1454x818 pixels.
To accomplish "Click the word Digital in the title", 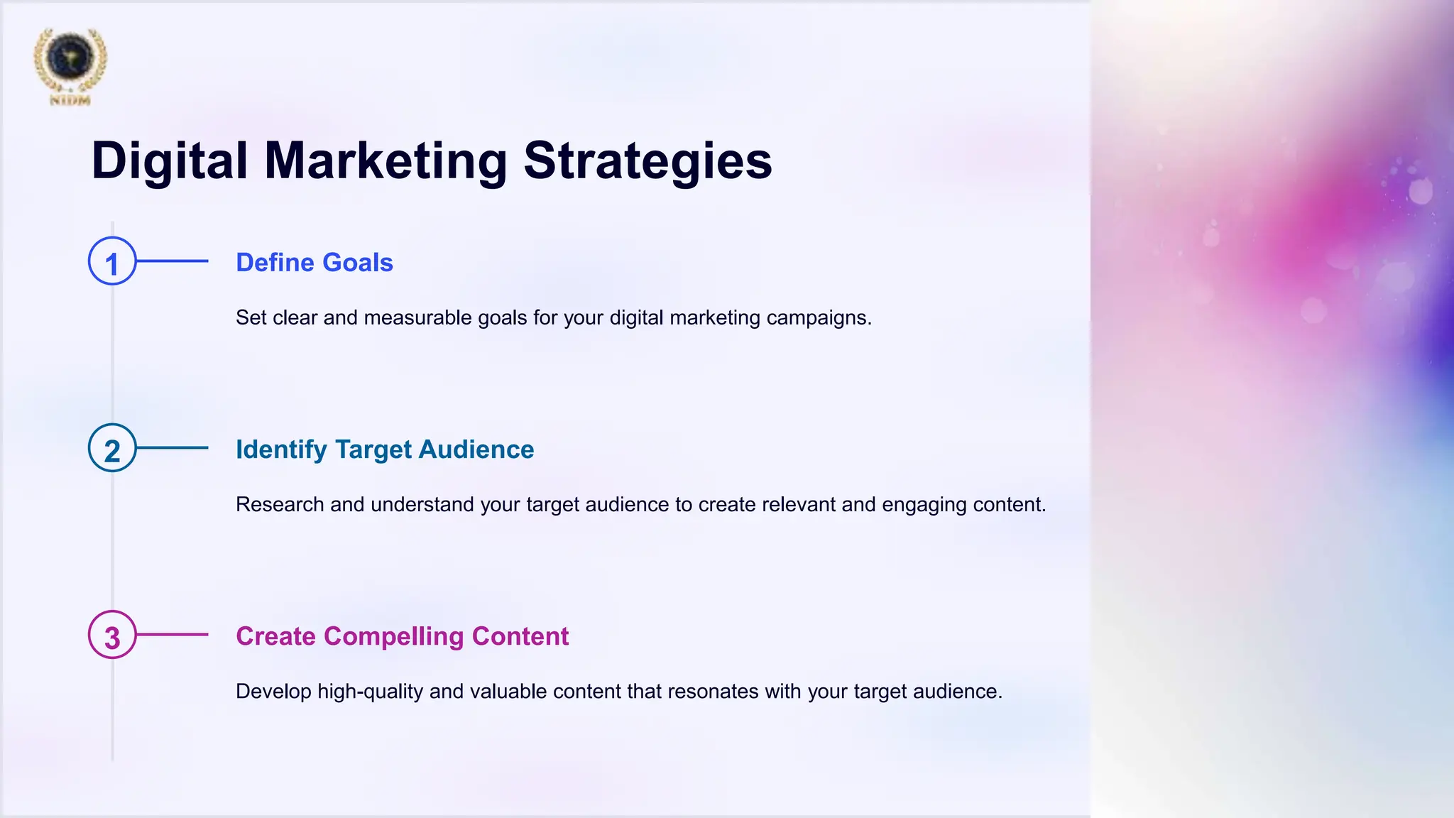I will [x=170, y=161].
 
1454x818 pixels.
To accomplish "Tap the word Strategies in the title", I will [x=647, y=161].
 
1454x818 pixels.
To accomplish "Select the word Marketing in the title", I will [x=386, y=161].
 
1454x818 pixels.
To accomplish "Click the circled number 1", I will [x=112, y=261].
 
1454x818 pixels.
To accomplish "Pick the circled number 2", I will [x=112, y=448].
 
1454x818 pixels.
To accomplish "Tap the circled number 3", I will [x=112, y=635].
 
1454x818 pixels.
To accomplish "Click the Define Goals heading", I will [x=314, y=263].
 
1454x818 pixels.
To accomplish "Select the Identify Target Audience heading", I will [x=384, y=449].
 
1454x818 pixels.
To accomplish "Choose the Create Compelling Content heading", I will [x=402, y=636].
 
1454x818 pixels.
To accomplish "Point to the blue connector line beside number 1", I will [x=173, y=261].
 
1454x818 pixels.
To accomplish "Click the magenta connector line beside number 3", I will [x=173, y=635].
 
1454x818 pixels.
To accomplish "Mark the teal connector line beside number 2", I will [x=173, y=448].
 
